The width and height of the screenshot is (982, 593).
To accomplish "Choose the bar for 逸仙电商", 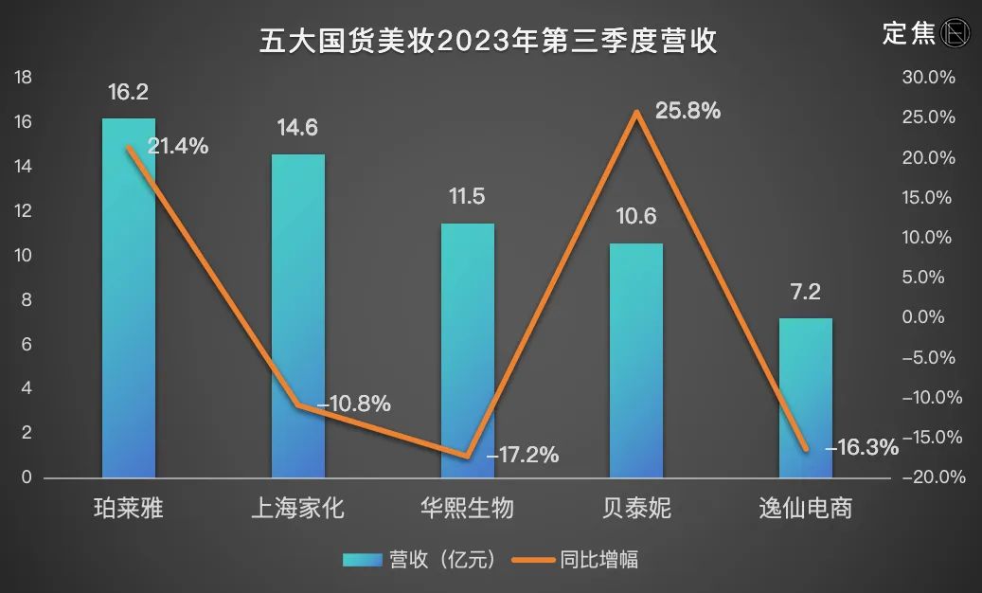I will pyautogui.click(x=805, y=398).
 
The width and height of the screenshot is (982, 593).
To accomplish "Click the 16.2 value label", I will pyautogui.click(x=128, y=92).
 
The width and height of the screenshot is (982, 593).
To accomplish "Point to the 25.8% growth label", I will pyautogui.click(x=687, y=111).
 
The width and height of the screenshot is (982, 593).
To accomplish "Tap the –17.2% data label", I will pyautogui.click(x=522, y=455).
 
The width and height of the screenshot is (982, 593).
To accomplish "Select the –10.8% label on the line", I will pyautogui.click(x=354, y=404).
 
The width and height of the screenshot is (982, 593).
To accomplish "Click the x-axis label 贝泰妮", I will pyautogui.click(x=635, y=509).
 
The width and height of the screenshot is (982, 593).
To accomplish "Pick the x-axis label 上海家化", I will pyautogui.click(x=297, y=509).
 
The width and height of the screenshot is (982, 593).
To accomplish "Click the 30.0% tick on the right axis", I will pyautogui.click(x=929, y=78).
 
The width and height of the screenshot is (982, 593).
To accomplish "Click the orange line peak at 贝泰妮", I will pyautogui.click(x=636, y=112).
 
